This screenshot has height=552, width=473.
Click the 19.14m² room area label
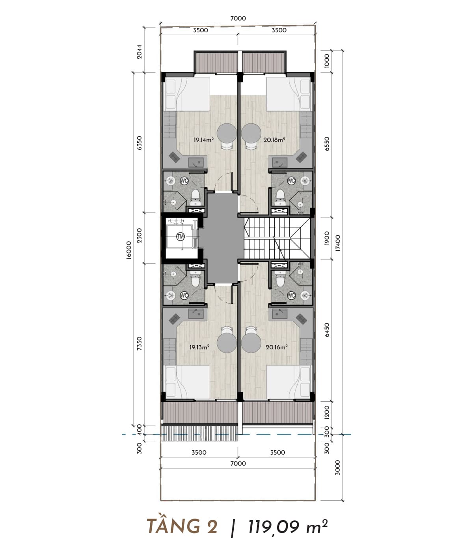[x=204, y=140]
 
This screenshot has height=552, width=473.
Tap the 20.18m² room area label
[x=274, y=140]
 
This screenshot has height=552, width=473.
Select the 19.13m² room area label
[x=199, y=347]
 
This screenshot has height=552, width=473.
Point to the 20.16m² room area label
[x=277, y=347]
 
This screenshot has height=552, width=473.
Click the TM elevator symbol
[x=181, y=236]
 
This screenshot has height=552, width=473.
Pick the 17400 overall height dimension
[x=338, y=243]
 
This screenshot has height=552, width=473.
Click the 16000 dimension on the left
[x=129, y=250]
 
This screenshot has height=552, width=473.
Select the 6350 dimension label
[x=139, y=143]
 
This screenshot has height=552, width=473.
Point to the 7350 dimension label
[x=139, y=343]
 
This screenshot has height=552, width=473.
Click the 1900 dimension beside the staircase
[x=327, y=238]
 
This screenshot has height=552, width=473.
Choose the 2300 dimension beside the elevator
[x=139, y=235]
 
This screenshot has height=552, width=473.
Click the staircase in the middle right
[x=277, y=238]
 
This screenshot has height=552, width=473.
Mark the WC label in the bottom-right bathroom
[x=291, y=295]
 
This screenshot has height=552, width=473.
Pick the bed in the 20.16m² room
[x=289, y=382]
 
